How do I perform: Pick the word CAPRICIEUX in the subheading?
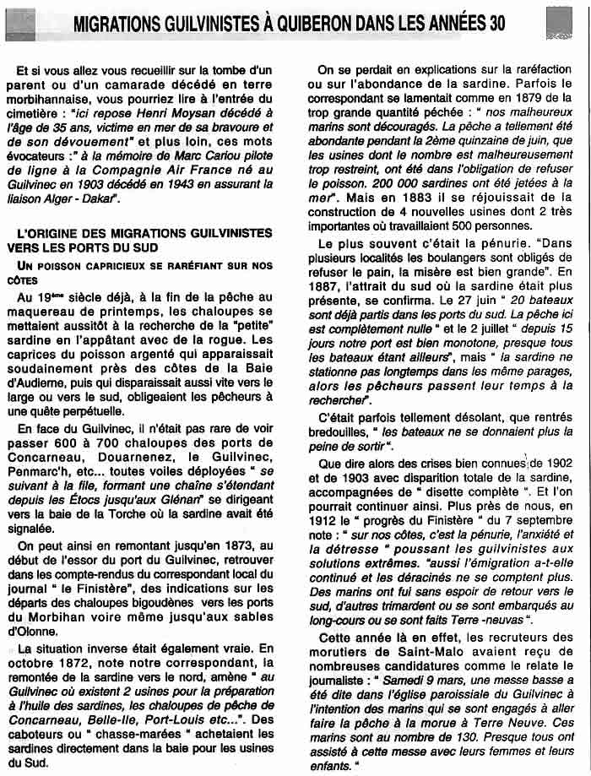[x=101, y=265]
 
